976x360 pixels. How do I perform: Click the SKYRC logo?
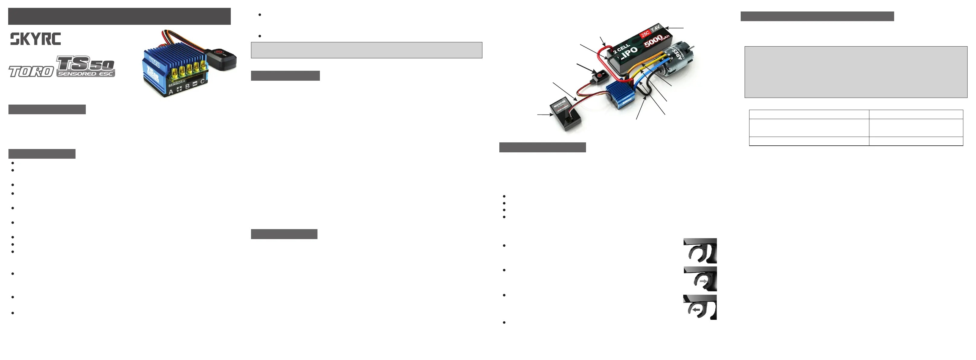click(x=35, y=39)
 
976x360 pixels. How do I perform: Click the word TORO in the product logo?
click(x=31, y=72)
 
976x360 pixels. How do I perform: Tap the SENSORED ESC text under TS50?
click(x=85, y=74)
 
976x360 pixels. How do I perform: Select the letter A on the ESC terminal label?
click(x=171, y=92)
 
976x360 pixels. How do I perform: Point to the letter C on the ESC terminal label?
click(x=203, y=82)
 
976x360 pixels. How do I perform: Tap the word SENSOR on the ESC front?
click(x=176, y=83)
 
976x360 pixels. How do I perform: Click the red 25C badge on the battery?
click(x=645, y=34)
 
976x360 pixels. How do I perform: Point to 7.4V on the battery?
click(x=655, y=28)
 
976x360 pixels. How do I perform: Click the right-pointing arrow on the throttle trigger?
click(x=704, y=281)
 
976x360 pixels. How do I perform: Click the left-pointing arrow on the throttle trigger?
click(x=695, y=310)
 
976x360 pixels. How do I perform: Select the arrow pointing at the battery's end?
click(x=675, y=28)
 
